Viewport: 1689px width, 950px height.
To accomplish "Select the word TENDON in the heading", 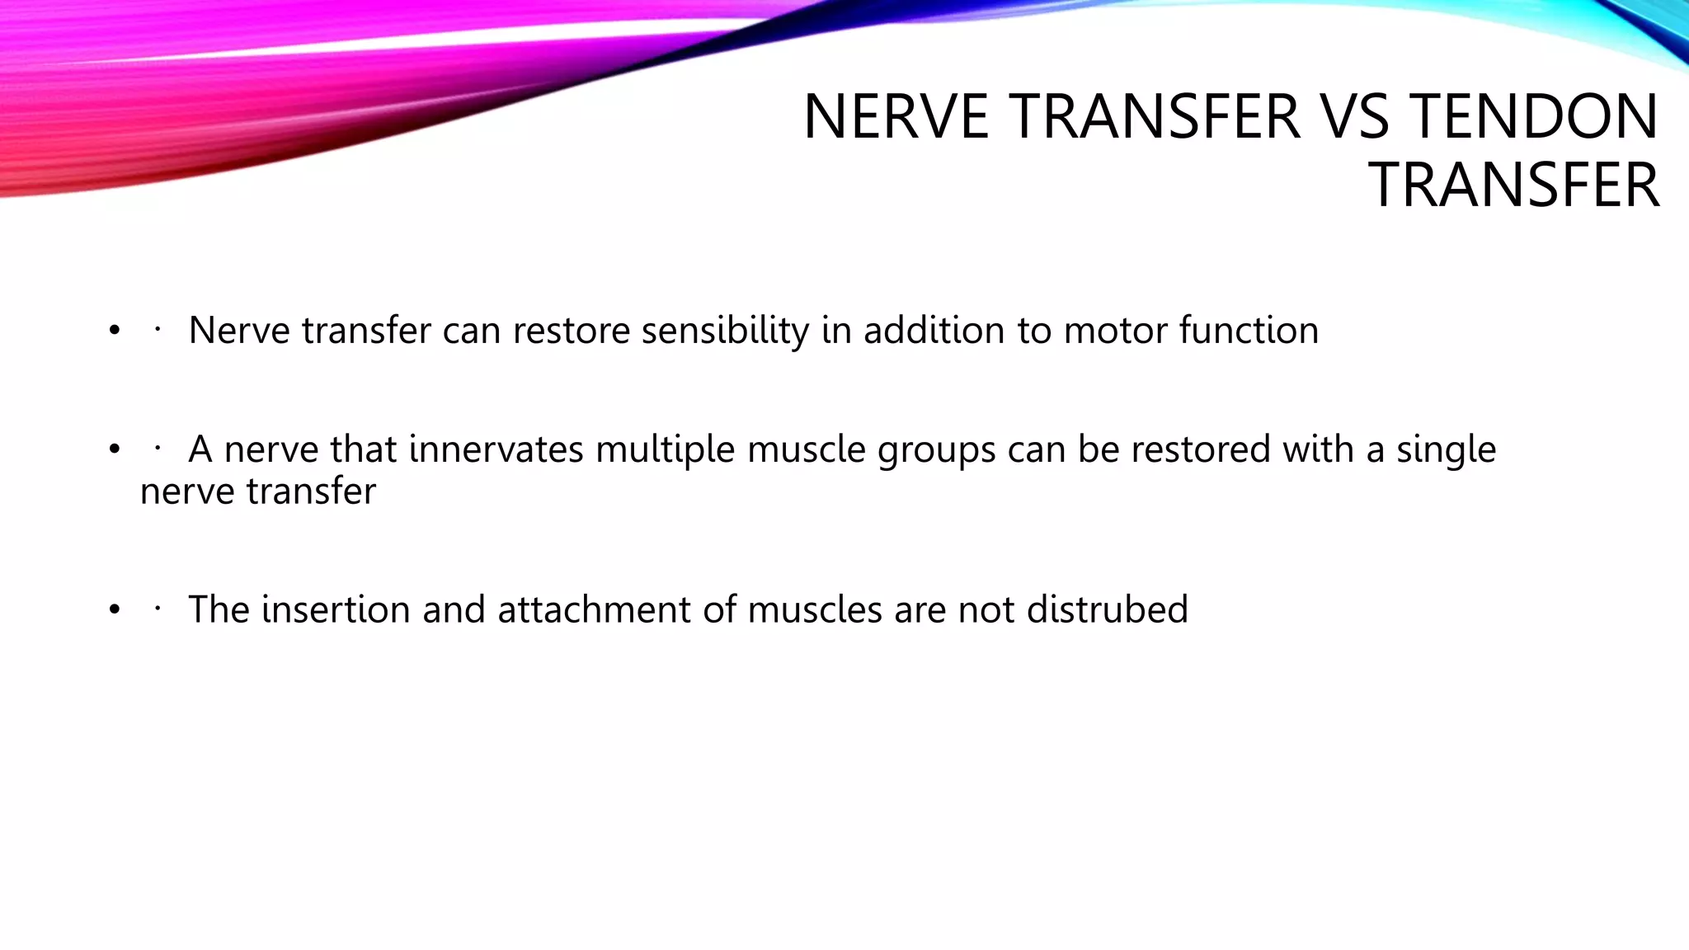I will [1535, 116].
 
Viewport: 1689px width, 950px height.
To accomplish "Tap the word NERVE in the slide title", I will [896, 116].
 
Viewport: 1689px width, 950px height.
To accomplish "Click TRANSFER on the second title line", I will [1513, 186].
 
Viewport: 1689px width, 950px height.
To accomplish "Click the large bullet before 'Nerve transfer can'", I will [114, 332].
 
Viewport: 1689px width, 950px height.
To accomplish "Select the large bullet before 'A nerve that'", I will [114, 450].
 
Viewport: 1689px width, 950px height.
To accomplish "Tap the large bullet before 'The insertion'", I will [114, 610].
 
